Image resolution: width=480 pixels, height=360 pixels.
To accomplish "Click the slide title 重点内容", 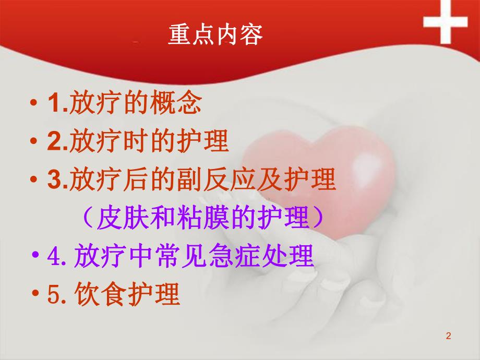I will point(215,35).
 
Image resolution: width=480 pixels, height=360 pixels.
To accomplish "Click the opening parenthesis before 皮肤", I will point(89,219).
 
